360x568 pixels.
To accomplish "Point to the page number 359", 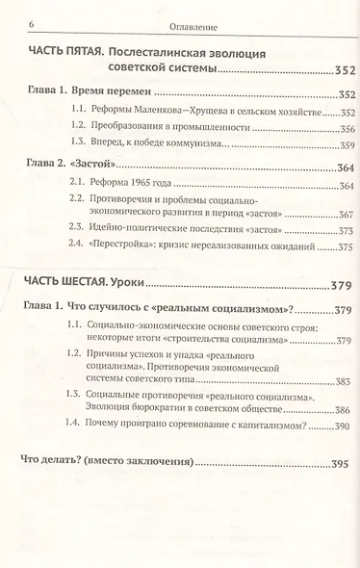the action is (x=346, y=148).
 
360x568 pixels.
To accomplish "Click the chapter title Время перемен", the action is (x=108, y=93).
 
